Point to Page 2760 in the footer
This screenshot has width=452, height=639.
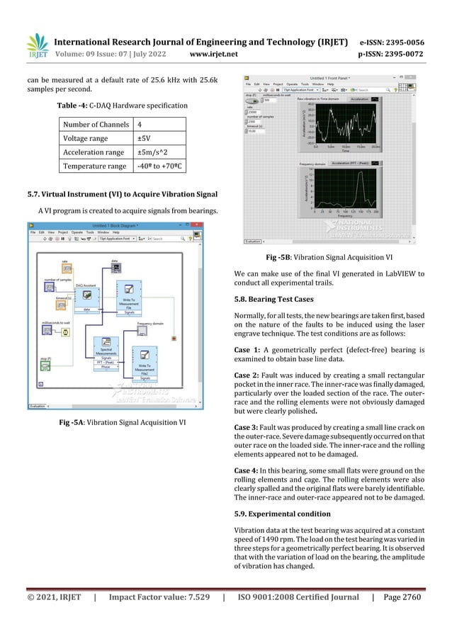400,598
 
